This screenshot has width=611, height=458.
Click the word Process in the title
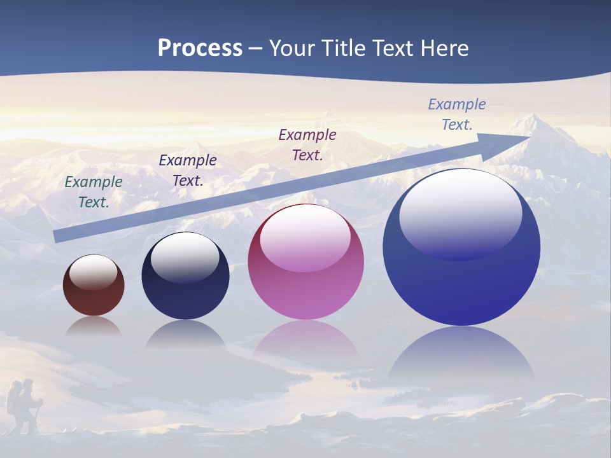(x=200, y=48)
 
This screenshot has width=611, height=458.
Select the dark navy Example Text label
(x=187, y=170)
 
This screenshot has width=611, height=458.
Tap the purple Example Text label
(x=307, y=144)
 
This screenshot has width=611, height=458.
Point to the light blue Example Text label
(x=456, y=114)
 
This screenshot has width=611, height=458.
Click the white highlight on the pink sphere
(x=305, y=239)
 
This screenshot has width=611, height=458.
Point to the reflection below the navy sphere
(x=185, y=334)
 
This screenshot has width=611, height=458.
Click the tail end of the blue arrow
(x=57, y=236)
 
